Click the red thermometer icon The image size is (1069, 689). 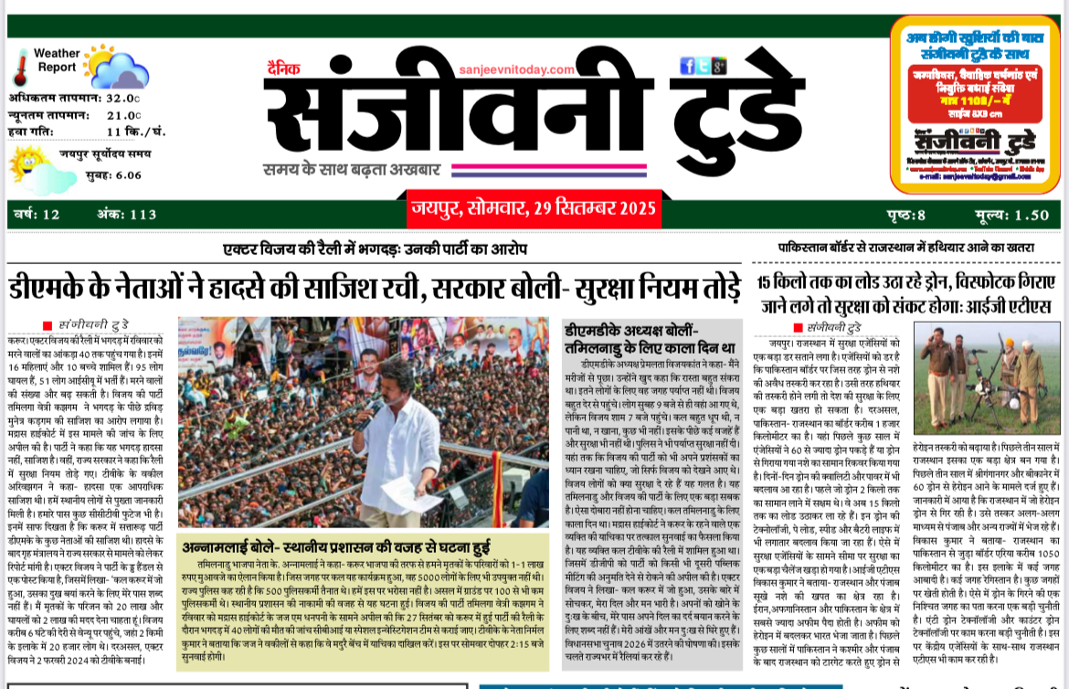click(21, 66)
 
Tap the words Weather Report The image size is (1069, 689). click(57, 60)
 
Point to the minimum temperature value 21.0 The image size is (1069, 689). click(122, 115)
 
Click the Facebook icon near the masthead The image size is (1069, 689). click(687, 66)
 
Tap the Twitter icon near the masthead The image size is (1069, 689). click(704, 66)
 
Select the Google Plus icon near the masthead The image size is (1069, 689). click(719, 66)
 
